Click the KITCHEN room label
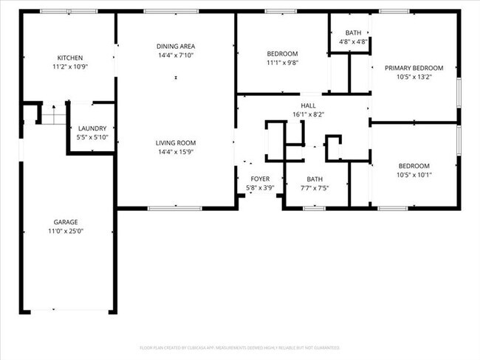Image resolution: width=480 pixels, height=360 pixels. click(70, 58)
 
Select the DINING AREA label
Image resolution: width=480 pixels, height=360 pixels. click(175, 46)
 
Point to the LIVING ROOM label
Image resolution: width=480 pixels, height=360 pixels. click(175, 143)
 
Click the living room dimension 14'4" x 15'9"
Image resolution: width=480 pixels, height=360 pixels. click(175, 152)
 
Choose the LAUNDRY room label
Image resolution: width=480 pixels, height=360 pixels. click(92, 128)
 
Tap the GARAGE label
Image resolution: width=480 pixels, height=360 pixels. click(66, 222)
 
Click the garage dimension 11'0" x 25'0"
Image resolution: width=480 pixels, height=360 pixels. click(66, 231)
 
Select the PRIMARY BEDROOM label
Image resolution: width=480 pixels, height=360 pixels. click(413, 68)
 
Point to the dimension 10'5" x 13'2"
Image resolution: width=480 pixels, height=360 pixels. click(413, 77)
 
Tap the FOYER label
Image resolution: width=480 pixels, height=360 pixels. click(260, 179)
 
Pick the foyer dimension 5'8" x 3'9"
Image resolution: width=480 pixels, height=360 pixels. click(260, 188)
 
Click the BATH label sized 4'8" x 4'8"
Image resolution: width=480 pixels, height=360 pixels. click(353, 33)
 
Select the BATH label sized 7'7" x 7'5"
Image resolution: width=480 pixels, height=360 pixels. click(315, 179)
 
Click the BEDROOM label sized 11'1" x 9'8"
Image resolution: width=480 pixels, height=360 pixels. click(282, 54)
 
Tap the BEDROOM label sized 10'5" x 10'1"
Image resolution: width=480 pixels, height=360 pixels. click(414, 166)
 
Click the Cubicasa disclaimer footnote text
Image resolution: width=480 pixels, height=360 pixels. click(239, 347)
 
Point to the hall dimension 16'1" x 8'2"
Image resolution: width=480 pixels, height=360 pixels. click(308, 114)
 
